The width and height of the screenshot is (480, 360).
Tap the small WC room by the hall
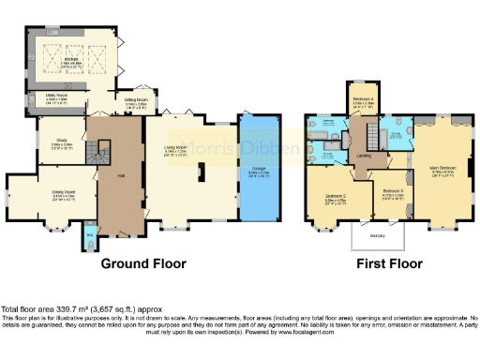[x=89, y=235]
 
